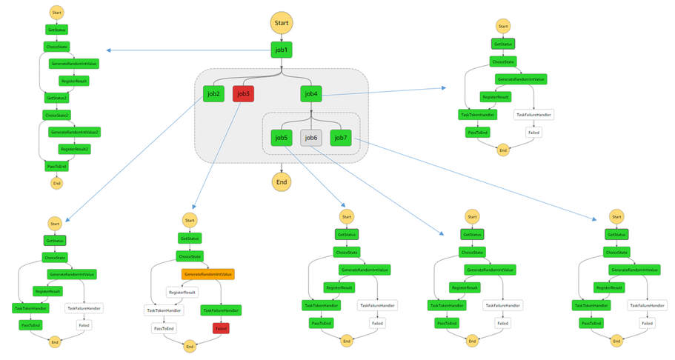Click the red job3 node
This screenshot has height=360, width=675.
[243, 94]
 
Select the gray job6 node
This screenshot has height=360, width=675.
[311, 137]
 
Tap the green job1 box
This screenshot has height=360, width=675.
[281, 50]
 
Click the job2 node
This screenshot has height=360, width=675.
[213, 94]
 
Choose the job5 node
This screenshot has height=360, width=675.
[281, 137]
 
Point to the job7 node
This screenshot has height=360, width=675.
[341, 137]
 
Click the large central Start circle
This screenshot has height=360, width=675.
[281, 22]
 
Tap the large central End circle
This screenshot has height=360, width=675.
[281, 181]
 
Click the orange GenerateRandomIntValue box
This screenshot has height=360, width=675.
[207, 274]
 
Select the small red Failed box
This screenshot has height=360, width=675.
[221, 327]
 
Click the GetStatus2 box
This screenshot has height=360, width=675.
[57, 98]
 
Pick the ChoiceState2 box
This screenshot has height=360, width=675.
[57, 115]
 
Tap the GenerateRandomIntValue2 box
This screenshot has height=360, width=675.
[74, 132]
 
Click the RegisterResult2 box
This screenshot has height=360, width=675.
[74, 149]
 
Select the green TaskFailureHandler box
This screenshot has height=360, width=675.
[221, 310]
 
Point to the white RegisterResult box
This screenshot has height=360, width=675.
[182, 293]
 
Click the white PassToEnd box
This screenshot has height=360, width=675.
[164, 327]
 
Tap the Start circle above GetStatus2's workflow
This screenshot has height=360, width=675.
[57, 13]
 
